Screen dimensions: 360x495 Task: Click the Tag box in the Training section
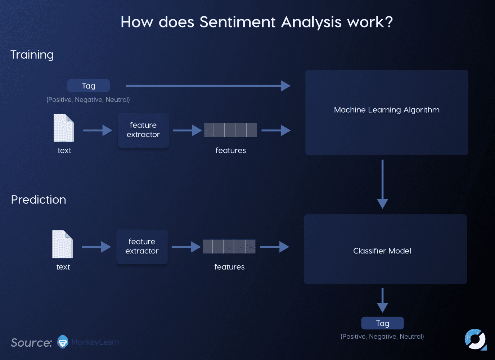point(88,86)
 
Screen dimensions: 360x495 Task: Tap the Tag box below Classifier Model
point(382,323)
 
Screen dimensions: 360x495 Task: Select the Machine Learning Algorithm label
point(387,110)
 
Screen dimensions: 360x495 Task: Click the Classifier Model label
point(382,251)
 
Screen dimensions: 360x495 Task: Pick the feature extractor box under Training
point(143,130)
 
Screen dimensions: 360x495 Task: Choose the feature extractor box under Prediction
point(142,247)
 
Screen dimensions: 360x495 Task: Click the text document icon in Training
point(64,128)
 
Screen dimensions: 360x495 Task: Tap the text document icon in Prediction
point(63,244)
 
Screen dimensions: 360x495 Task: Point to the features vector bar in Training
point(230,130)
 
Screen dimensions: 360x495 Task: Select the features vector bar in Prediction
point(229,247)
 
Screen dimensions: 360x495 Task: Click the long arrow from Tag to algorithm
point(208,86)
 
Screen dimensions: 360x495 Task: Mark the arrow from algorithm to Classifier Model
point(382,184)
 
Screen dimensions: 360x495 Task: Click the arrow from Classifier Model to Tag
point(382,300)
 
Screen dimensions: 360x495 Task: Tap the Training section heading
point(32,55)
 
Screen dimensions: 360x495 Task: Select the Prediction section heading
point(39,200)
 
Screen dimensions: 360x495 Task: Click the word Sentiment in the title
point(238,22)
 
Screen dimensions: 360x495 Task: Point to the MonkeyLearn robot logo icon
point(63,342)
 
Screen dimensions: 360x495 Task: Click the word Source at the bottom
point(31,343)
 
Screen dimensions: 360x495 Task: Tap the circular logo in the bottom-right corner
point(475,339)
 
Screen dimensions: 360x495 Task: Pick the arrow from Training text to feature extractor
point(97,130)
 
